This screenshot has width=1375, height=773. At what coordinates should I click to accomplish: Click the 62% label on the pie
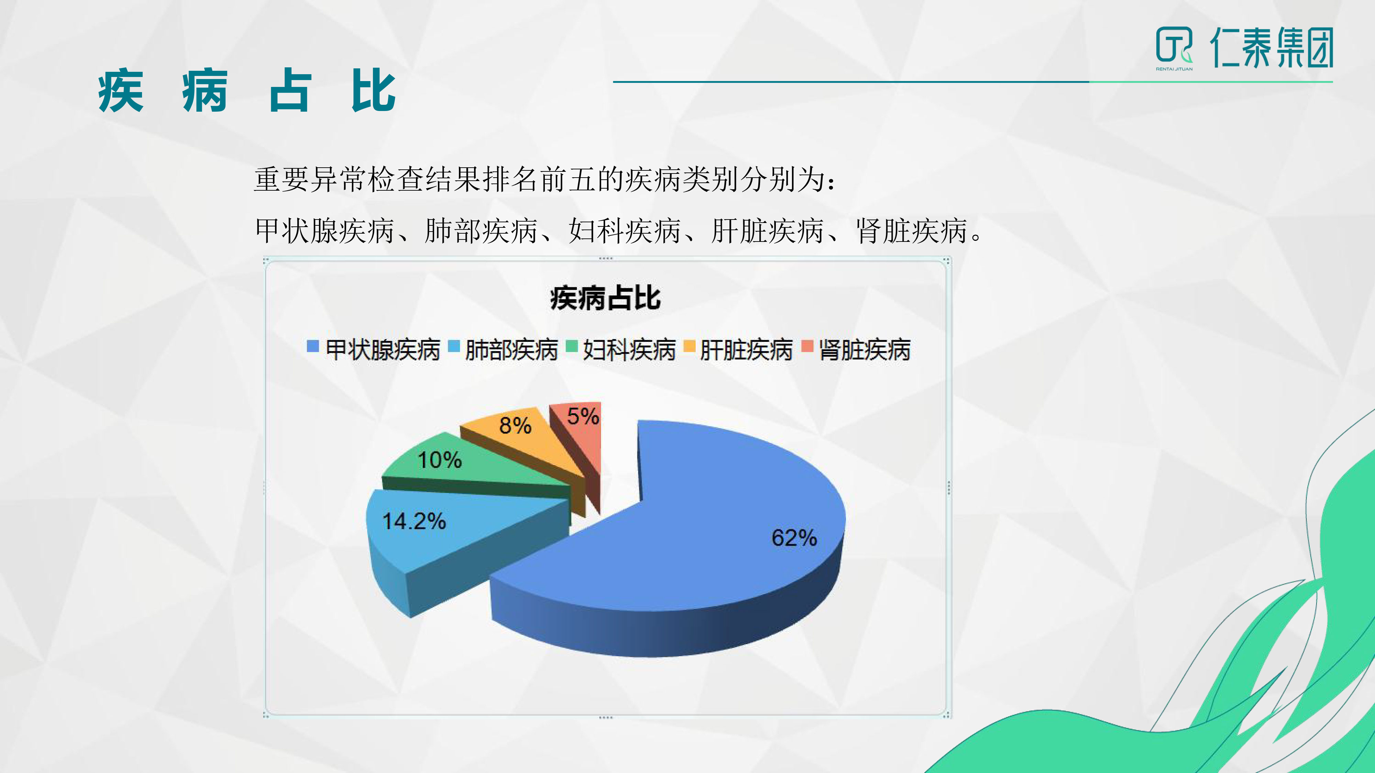point(794,538)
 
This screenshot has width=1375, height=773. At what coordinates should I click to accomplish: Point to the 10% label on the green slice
point(439,460)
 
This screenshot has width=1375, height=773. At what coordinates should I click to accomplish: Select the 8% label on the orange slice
point(515,426)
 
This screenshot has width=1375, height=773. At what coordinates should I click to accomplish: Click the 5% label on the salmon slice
point(583,416)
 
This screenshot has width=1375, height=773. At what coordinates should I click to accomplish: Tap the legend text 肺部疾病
point(511,350)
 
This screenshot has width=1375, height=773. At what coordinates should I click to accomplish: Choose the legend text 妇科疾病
point(629,350)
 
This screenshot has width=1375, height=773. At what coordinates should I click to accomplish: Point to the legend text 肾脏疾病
point(865,350)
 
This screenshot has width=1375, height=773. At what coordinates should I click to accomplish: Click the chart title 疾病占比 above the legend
point(605,298)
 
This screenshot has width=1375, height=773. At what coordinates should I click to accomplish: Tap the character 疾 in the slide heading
point(121,91)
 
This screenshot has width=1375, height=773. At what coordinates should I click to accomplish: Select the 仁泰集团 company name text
point(1272,48)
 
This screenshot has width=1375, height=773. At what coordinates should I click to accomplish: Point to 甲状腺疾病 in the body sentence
point(324,231)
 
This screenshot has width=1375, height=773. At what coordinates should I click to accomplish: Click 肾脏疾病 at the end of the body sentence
point(912,231)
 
